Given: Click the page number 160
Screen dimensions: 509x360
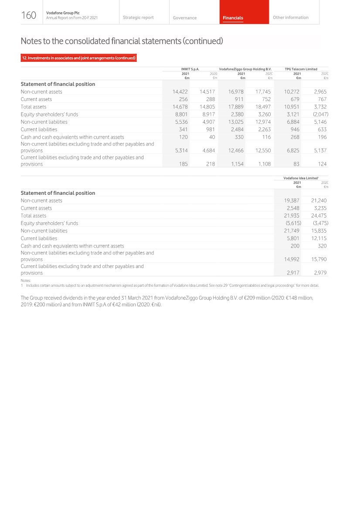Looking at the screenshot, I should point(29,16).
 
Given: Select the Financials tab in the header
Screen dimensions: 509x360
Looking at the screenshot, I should point(233,18).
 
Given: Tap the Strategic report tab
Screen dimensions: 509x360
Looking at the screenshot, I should point(138,17).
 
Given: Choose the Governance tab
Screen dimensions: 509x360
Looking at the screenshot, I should point(184,18).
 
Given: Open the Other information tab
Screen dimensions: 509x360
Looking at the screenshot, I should point(290,17).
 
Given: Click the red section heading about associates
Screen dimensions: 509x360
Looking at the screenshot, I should point(79,58).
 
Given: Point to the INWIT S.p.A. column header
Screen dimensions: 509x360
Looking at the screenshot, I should point(190,69).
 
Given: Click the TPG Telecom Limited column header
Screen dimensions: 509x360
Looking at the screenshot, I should point(301,69).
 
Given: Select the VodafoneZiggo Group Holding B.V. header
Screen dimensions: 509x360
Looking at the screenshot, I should point(245,69).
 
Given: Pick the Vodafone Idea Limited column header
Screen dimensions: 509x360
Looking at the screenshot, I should point(300,178).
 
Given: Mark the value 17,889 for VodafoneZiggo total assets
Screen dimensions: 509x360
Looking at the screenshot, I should point(236,107).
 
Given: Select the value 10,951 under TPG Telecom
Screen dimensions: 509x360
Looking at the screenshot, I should point(292,107).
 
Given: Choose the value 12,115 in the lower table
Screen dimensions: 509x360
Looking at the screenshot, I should point(319,238).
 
